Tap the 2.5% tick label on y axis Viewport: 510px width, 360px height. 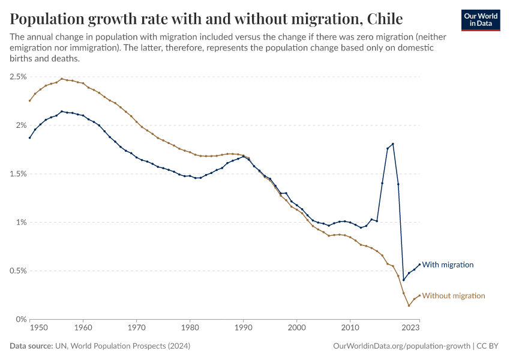pyautogui.click(x=17, y=77)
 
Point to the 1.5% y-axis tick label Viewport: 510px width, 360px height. pyautogui.click(x=17, y=174)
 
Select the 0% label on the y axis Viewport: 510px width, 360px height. pyautogui.click(x=21, y=319)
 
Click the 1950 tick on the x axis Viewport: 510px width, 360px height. pyautogui.click(x=38, y=328)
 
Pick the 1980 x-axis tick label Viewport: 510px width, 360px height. pyautogui.click(x=190, y=328)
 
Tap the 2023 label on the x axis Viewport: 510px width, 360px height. pyautogui.click(x=410, y=328)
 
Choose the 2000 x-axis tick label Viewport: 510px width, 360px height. pyautogui.click(x=297, y=328)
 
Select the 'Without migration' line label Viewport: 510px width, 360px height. pyautogui.click(x=453, y=296)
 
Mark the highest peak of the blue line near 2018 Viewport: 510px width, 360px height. pyautogui.click(x=393, y=144)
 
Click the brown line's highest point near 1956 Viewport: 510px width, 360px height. pyautogui.click(x=62, y=79)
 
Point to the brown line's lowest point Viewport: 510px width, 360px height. pyautogui.click(x=409, y=305)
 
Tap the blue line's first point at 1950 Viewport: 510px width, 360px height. pyautogui.click(x=29, y=138)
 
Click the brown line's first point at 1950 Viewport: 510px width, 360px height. pyautogui.click(x=29, y=100)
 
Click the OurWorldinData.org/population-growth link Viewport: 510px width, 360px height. pyautogui.click(x=400, y=346)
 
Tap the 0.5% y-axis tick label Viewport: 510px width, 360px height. pyautogui.click(x=17, y=271)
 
